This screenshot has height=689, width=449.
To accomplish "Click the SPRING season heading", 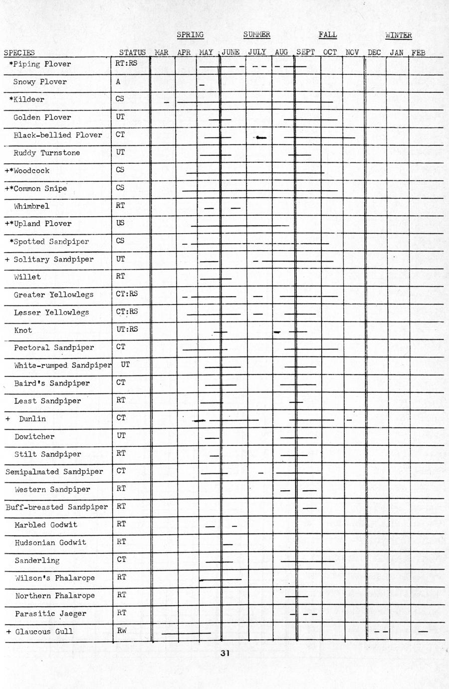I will click(190, 35).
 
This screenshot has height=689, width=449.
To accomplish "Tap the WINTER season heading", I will click(398, 35).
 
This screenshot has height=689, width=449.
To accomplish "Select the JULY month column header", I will click(257, 52).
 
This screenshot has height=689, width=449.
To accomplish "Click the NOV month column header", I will click(352, 52).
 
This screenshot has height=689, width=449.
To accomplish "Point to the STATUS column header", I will click(132, 52).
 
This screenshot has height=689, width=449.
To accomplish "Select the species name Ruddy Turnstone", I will click(46, 153).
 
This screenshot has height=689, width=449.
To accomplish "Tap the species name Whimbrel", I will click(31, 206).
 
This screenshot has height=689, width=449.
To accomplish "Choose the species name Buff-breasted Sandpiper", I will click(56, 507).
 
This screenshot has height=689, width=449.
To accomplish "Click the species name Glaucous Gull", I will click(44, 632).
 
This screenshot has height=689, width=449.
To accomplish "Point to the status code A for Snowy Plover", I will click(118, 82).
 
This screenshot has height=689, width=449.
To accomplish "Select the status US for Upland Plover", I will click(120, 223).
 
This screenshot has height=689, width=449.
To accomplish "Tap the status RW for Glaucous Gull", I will click(122, 631).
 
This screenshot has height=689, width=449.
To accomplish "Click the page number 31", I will click(225, 653).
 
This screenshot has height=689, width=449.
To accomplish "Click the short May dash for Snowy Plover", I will click(202, 86).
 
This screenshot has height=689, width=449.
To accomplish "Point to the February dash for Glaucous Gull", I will click(423, 632).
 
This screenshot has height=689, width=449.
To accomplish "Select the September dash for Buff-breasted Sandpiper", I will click(309, 508).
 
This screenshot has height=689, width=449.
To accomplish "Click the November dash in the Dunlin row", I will click(349, 420).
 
